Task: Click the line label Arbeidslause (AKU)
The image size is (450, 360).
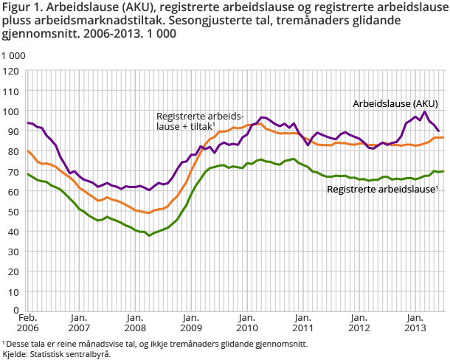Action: click(x=394, y=103)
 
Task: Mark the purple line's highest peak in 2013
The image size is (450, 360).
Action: click(x=425, y=111)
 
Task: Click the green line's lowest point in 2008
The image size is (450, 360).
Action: click(x=150, y=235)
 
